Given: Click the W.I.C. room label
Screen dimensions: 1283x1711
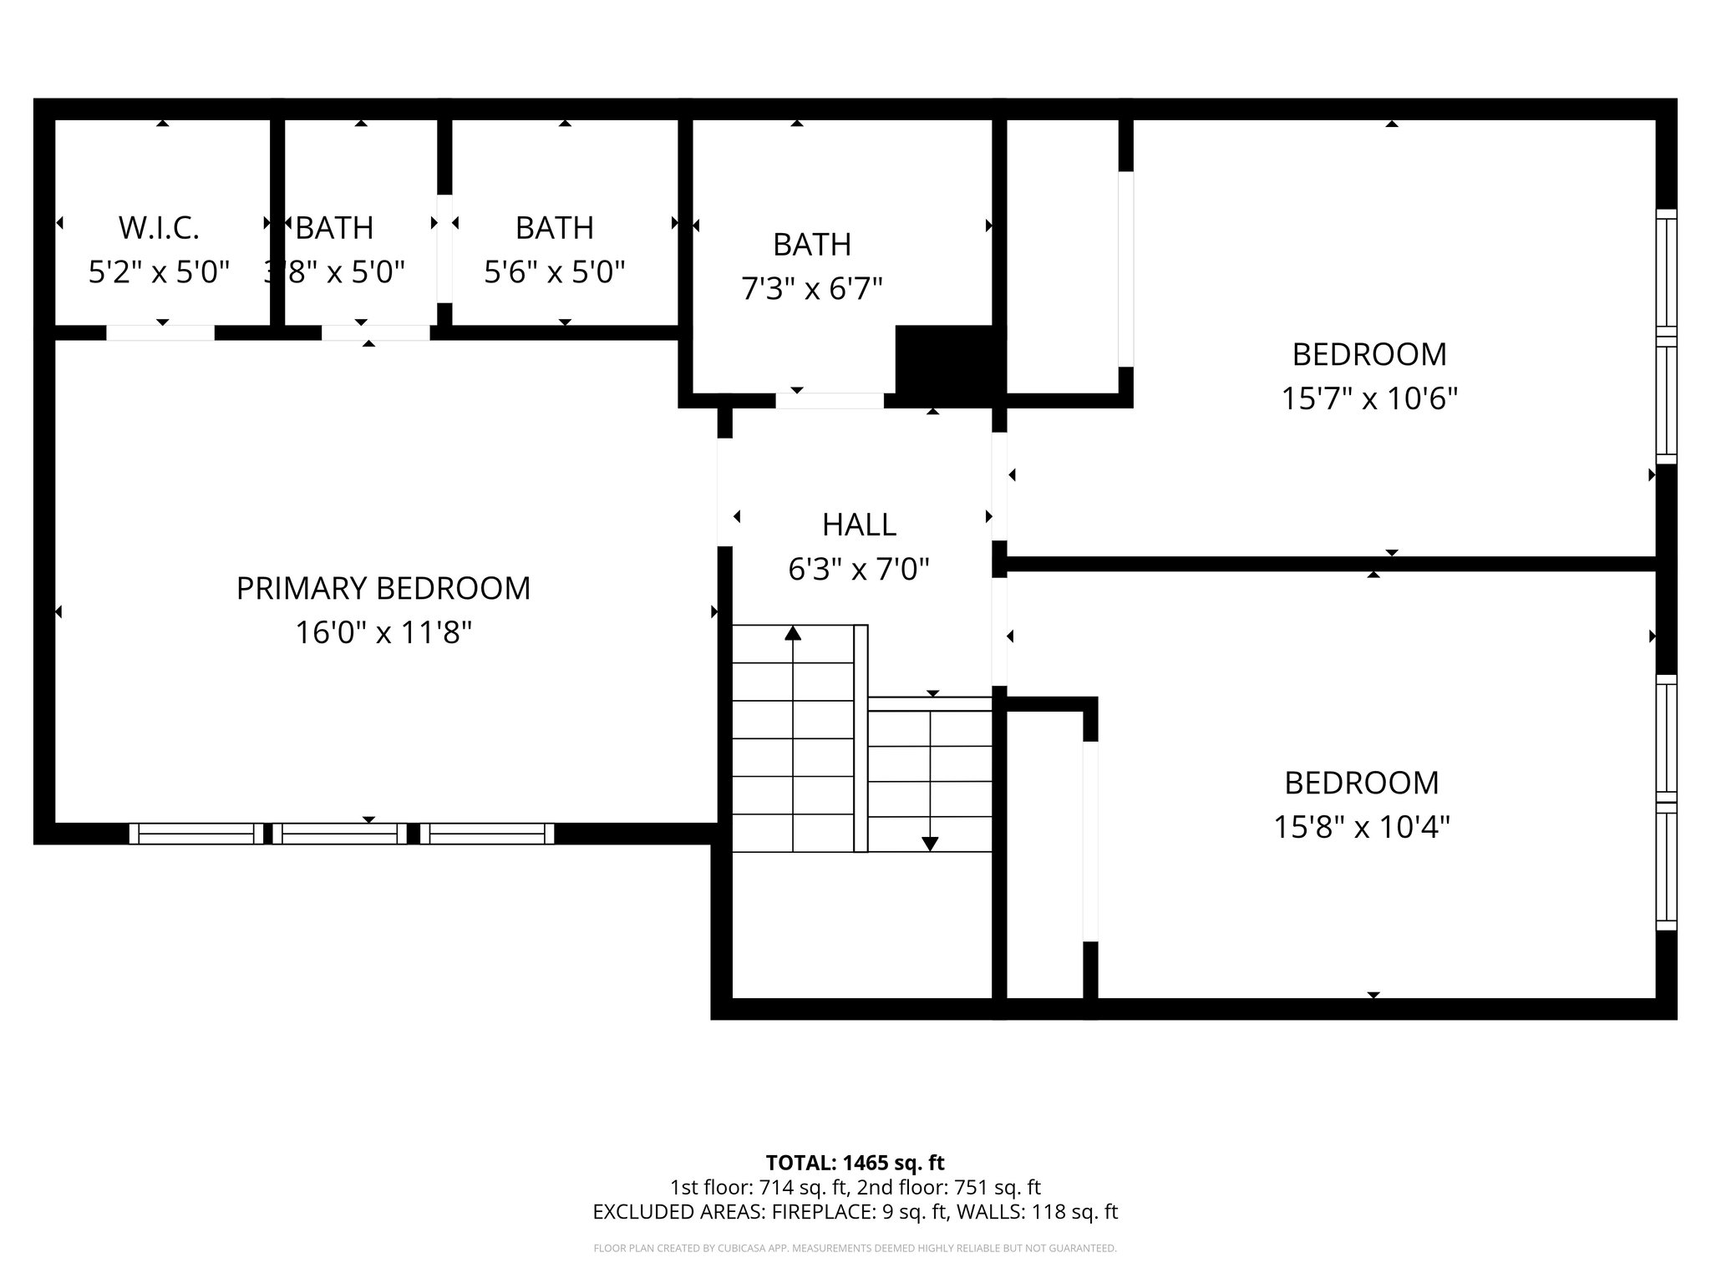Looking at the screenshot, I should (159, 227).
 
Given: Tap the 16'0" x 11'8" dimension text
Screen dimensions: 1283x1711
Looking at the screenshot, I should (383, 632).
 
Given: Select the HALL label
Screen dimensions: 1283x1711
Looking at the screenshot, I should (859, 525).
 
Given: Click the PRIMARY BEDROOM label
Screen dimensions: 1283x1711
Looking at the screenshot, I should (383, 588).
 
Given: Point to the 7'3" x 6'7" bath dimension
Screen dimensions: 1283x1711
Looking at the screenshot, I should (812, 289).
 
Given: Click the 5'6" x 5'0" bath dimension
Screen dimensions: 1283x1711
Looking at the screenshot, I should (555, 271).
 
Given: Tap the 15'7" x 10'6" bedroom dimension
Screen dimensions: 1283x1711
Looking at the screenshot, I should (1369, 398).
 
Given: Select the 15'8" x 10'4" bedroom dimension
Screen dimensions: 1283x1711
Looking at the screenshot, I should (1361, 827).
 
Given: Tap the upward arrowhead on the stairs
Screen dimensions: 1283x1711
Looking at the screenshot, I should (793, 633).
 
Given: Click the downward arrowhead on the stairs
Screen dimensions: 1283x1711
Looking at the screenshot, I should (930, 844).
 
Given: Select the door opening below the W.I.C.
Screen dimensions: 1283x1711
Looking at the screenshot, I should (160, 332).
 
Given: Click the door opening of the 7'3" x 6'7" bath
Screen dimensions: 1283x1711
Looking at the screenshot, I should (830, 401).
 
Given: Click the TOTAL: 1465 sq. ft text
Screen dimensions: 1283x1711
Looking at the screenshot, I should (855, 1163).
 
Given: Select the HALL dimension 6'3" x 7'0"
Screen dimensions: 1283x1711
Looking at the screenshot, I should (859, 570).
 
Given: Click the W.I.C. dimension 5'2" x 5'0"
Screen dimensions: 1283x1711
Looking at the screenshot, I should (159, 271).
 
